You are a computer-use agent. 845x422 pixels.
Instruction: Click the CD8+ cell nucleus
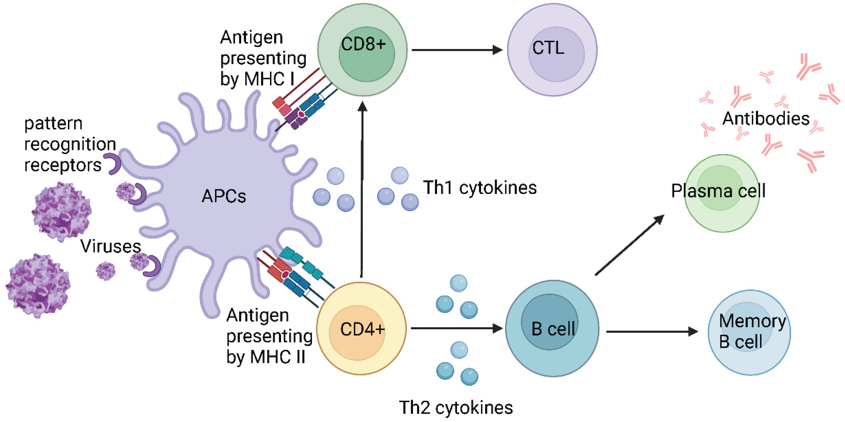366,54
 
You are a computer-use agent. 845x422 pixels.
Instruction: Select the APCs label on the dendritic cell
224,196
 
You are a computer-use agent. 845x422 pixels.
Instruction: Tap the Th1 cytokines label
480,188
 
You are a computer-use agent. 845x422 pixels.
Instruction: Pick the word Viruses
111,246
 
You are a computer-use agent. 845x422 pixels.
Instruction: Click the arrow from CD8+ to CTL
456,50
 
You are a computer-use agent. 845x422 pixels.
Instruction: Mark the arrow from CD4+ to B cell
456,328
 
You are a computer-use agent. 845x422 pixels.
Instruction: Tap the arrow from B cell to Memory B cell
651,332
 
